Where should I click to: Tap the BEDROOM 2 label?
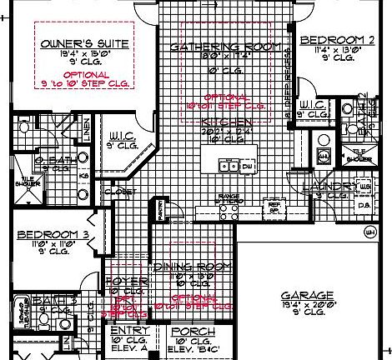pyautogui.click(x=336, y=40)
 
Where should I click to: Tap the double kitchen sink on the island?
pyautogui.click(x=225, y=167)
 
